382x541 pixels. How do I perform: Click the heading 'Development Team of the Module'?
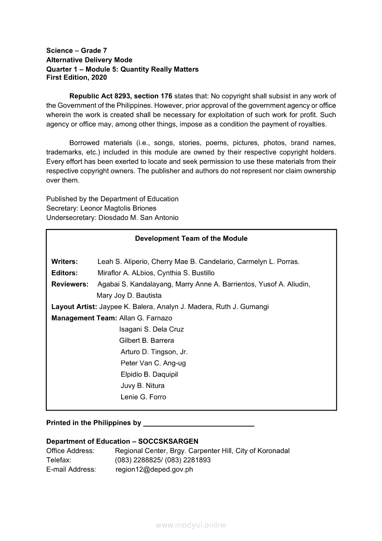(191, 239)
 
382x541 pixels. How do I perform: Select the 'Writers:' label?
(64, 262)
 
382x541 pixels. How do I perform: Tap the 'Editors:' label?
(64, 273)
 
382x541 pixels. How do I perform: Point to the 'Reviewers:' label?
(69, 284)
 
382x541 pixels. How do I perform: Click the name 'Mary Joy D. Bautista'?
(129, 296)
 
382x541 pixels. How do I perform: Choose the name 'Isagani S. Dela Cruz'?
(151, 330)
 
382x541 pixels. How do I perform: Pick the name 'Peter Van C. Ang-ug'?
(153, 363)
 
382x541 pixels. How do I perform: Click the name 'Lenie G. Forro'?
(143, 397)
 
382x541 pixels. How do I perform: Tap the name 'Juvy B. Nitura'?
(142, 386)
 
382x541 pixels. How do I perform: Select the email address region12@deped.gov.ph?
(154, 470)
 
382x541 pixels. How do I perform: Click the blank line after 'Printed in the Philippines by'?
(199, 423)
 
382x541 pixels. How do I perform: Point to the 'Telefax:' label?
(59, 460)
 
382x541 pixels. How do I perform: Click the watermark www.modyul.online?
(191, 525)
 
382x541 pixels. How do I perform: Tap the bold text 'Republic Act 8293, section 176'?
(121, 96)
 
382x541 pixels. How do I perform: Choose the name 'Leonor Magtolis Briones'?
(118, 208)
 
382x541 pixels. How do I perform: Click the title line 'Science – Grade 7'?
(76, 50)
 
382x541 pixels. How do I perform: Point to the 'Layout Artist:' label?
(74, 307)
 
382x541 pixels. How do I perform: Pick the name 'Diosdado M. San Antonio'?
(138, 218)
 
